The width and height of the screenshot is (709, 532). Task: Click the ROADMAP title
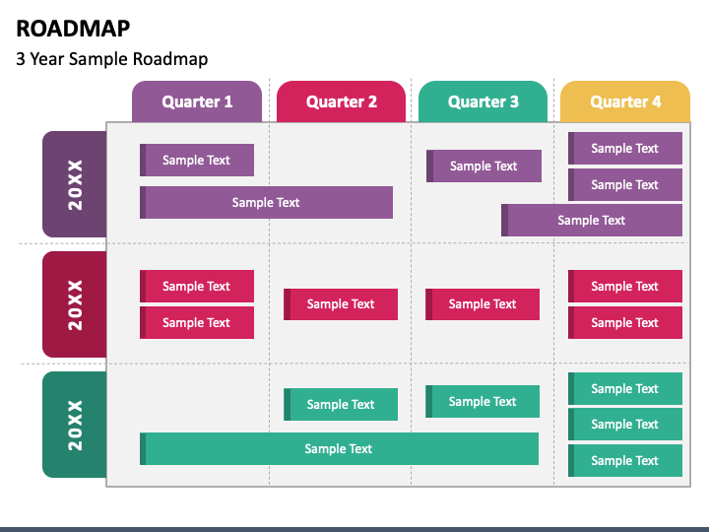point(73,28)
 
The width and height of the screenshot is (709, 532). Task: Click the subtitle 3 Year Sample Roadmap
point(111,59)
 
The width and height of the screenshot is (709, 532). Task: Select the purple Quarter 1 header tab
point(197,101)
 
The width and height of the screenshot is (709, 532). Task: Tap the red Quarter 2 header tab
point(341,101)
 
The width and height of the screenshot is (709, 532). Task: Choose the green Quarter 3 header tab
point(483,101)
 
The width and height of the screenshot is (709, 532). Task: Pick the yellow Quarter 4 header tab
point(625,101)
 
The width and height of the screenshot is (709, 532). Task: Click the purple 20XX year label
point(75,184)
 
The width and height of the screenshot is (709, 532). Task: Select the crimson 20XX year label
point(75,304)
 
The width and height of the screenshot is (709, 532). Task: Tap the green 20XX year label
point(75,425)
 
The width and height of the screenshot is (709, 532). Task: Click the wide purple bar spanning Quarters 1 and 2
point(266,202)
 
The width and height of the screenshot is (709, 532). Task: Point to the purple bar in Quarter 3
point(483,166)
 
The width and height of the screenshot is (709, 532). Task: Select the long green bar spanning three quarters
point(339,449)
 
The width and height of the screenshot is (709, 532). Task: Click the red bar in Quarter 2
point(341,304)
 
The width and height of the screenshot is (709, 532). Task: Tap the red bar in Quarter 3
point(483,304)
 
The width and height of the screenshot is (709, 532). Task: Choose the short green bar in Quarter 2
point(341,405)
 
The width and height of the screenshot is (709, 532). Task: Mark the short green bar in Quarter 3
point(483,401)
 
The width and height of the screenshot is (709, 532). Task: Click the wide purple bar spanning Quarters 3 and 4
point(592,221)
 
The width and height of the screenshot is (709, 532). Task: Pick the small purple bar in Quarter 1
point(197,161)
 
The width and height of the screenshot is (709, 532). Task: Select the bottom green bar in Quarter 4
point(625,460)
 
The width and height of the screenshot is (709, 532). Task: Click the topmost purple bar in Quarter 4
point(625,148)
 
